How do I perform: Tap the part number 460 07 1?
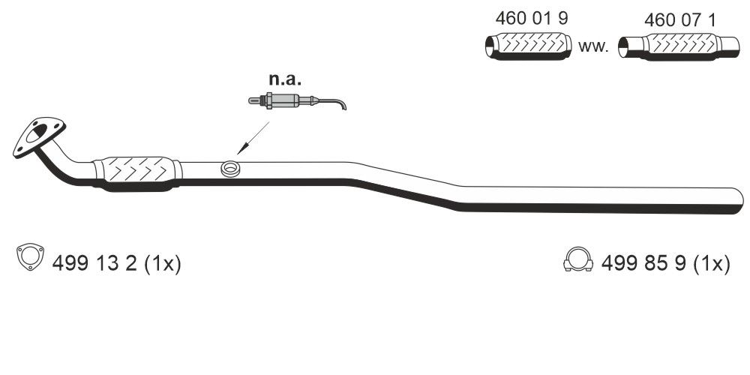[670, 20]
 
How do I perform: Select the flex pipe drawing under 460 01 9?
[524, 47]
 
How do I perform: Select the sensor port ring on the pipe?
[230, 169]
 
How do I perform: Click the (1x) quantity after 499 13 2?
[163, 264]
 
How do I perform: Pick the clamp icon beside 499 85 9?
[577, 260]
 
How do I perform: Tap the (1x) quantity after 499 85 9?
[712, 264]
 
